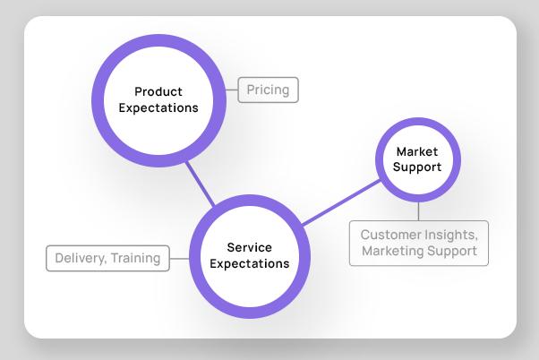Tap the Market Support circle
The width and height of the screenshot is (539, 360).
click(418, 159)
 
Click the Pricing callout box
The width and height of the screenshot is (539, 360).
click(268, 90)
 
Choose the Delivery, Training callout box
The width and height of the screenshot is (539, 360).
click(107, 258)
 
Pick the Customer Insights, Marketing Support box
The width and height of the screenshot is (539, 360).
click(418, 243)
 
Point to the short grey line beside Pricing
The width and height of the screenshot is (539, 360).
click(231, 90)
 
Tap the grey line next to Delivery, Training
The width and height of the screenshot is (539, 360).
click(179, 258)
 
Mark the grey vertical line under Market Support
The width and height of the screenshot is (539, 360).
click(418, 211)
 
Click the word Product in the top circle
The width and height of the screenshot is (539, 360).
click(158, 91)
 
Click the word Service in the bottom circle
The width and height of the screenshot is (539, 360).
click(250, 248)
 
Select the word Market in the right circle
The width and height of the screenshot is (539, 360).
click(417, 152)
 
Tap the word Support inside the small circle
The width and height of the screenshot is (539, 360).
click(418, 167)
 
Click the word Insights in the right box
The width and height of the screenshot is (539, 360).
click(450, 235)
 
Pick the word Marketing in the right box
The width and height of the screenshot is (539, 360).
click(390, 251)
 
